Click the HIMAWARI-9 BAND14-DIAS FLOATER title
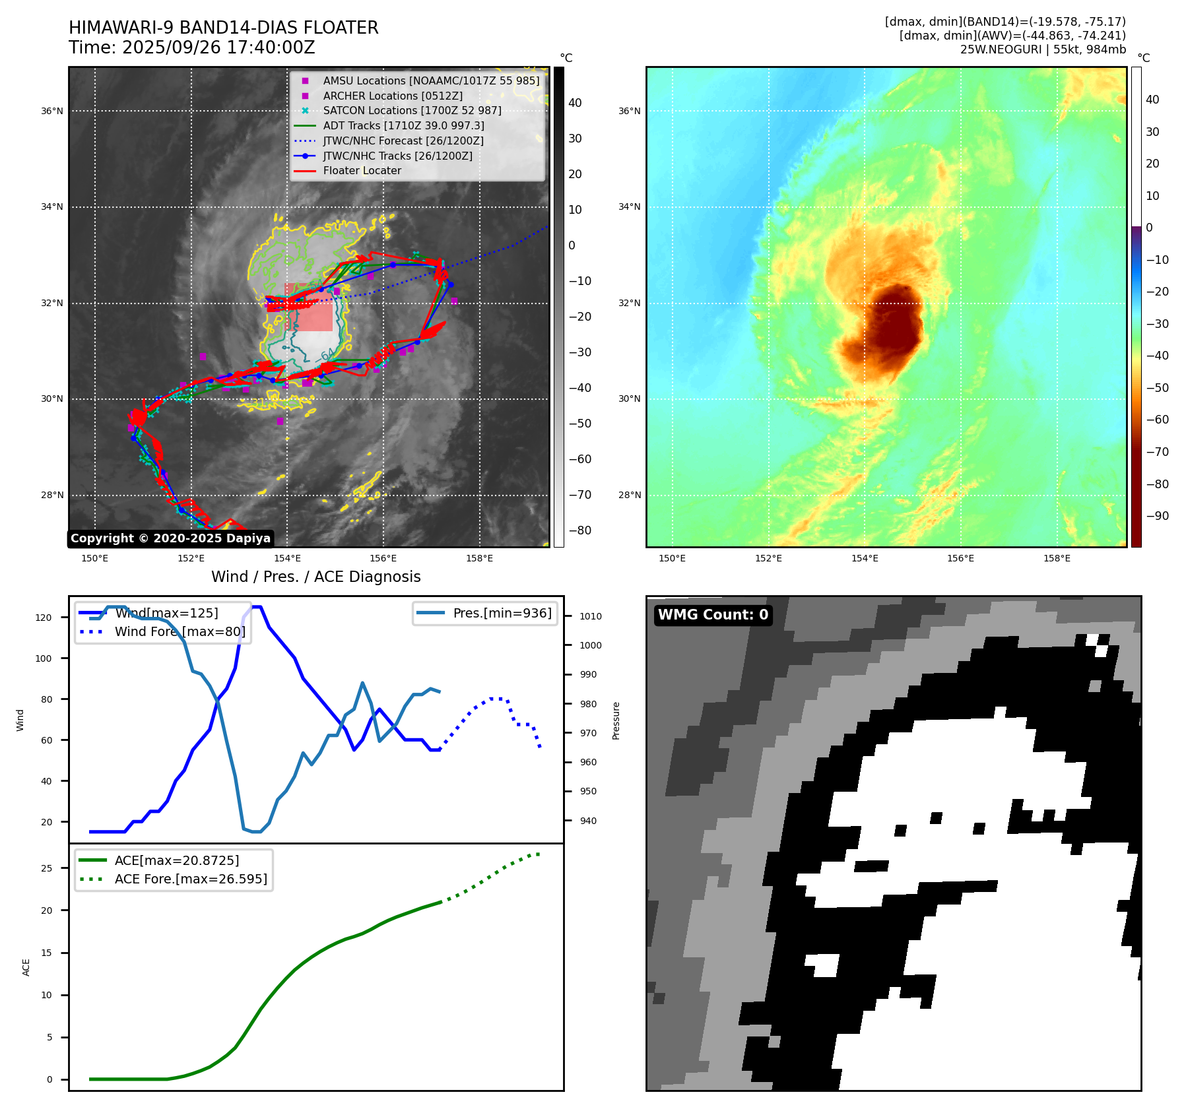223,28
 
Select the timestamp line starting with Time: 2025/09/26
191,48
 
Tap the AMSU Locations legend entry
430,80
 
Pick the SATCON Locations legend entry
412,110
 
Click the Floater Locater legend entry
362,170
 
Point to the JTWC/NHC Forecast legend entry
403,141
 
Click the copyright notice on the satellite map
170,538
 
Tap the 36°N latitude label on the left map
52,111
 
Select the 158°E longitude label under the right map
1057,558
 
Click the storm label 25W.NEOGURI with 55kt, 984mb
1043,49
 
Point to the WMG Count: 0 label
713,615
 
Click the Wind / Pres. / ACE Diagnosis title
315,577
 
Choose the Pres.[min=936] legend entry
502,613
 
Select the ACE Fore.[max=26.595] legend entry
191,879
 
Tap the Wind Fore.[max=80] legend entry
180,631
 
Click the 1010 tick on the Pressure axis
591,616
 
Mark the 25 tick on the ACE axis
46,868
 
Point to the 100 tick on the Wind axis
44,658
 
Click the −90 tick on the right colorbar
1157,516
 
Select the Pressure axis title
616,720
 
